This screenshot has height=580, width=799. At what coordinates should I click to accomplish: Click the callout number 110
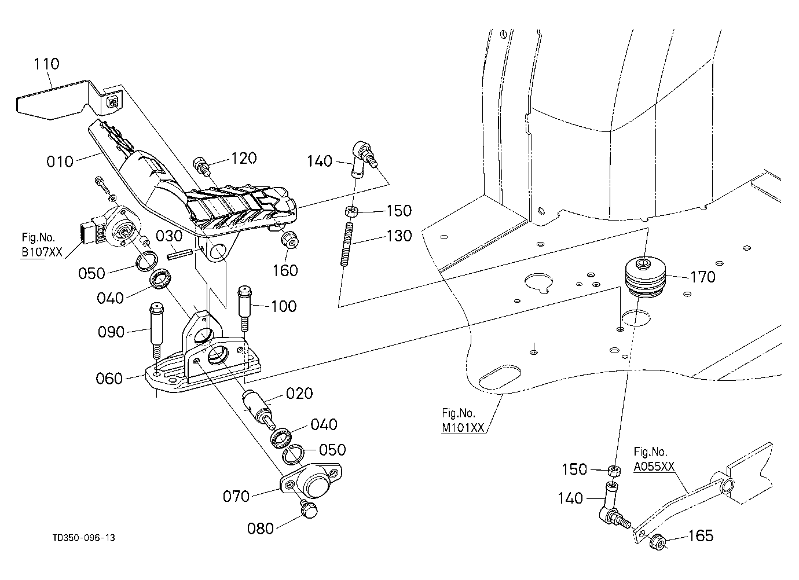[x=47, y=64]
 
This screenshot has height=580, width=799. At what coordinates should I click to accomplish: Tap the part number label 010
[x=60, y=161]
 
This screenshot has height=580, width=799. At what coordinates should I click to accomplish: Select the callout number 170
[x=703, y=277]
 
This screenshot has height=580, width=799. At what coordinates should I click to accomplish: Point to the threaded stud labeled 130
[x=348, y=244]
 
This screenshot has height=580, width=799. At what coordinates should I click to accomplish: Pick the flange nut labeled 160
[x=289, y=241]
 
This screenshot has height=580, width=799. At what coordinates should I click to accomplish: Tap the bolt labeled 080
[x=308, y=510]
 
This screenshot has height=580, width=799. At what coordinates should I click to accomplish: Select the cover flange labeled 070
[x=311, y=480]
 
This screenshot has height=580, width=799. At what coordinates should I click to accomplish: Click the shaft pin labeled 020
[x=258, y=408]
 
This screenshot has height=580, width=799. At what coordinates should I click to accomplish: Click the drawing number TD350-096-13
[x=84, y=538]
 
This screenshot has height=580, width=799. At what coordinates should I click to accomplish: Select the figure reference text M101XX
[x=463, y=428]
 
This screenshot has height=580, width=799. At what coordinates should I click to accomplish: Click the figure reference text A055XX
[x=654, y=467]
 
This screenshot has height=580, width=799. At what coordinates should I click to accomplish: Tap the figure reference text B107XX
[x=42, y=252]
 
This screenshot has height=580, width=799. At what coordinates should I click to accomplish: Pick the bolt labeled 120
[x=200, y=166]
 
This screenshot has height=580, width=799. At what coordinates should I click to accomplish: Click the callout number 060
[x=109, y=379]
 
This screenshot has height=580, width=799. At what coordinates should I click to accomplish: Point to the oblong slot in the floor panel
[x=500, y=376]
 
